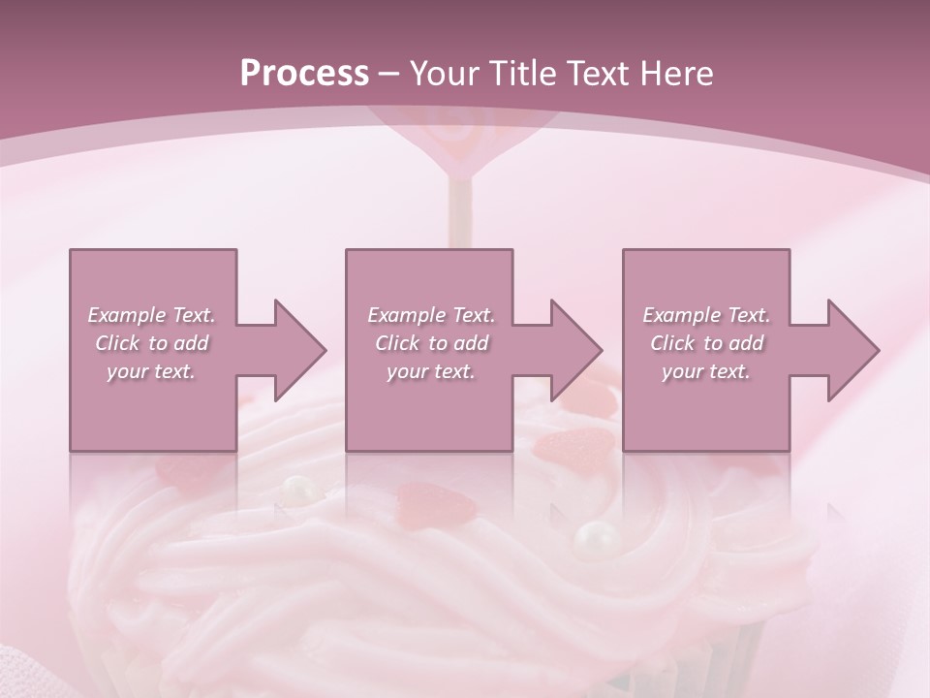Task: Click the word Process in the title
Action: click(x=304, y=74)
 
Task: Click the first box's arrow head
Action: click(x=299, y=350)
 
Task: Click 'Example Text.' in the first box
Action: click(x=151, y=315)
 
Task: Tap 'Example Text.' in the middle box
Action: click(x=430, y=315)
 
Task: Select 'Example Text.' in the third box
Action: click(x=706, y=315)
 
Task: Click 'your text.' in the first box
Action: click(x=151, y=371)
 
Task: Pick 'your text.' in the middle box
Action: click(x=430, y=371)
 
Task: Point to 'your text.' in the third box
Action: click(x=706, y=371)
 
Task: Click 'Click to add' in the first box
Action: click(x=151, y=343)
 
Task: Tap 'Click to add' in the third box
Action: click(x=706, y=343)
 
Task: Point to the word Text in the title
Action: click(x=599, y=74)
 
